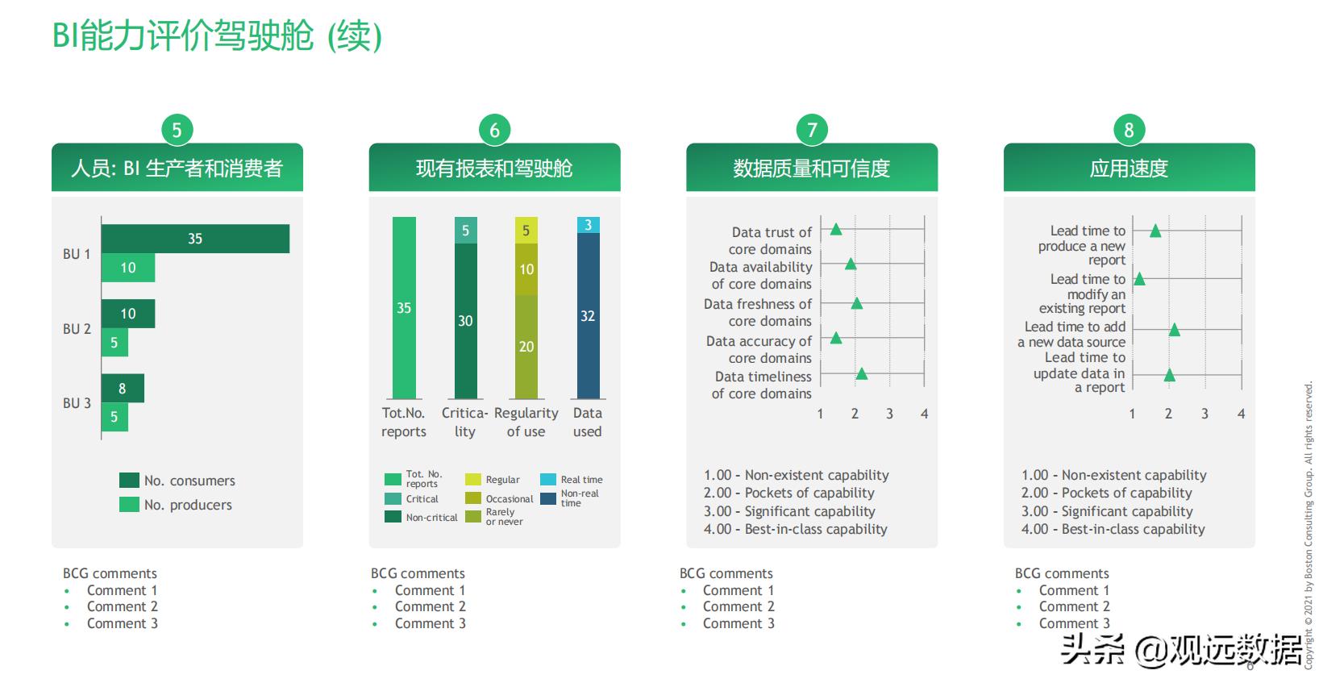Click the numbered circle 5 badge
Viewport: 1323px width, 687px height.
[177, 130]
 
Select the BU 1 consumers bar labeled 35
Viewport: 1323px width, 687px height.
[195, 239]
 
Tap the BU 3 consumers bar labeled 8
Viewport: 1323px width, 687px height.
[123, 388]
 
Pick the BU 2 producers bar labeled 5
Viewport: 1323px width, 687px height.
[114, 343]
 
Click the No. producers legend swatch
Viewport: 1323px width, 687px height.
[129, 505]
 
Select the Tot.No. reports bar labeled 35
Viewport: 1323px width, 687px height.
[404, 308]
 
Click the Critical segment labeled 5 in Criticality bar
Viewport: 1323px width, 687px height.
[465, 231]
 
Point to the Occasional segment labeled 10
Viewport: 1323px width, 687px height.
[526, 269]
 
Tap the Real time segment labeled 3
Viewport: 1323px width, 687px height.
[589, 225]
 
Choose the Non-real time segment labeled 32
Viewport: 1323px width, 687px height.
[589, 316]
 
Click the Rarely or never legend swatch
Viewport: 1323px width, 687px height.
[473, 517]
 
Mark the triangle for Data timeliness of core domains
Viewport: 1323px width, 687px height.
[862, 373]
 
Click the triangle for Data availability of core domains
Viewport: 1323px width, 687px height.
[851, 264]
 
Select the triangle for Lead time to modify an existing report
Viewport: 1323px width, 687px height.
[1139, 279]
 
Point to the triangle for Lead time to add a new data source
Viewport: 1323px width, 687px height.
[1174, 330]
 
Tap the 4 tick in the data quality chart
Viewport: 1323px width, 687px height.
[925, 414]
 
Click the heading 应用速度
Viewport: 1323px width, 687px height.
[1129, 169]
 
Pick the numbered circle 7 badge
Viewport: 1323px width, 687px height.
[812, 130]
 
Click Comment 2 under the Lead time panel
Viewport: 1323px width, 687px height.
[1075, 606]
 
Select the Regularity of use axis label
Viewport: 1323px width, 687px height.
[526, 423]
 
